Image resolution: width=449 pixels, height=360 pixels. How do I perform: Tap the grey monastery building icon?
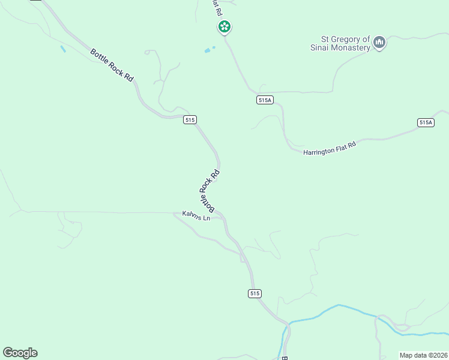(379, 43)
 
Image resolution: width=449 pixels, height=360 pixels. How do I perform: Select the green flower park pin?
(224, 26)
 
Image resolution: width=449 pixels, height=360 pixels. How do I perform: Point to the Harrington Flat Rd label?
(330, 148)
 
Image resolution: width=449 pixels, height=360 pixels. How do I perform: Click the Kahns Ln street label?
(196, 216)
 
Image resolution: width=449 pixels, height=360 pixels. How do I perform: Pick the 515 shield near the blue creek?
(255, 293)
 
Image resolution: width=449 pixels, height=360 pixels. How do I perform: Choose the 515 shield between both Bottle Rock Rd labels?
(190, 119)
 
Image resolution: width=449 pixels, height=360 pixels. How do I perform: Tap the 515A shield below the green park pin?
(265, 100)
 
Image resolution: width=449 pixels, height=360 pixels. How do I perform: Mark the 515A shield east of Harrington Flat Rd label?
(426, 122)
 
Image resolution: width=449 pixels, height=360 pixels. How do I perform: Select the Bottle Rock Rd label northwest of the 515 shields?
(112, 65)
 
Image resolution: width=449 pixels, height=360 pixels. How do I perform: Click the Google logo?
(20, 353)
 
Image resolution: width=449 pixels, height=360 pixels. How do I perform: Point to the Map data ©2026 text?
(423, 355)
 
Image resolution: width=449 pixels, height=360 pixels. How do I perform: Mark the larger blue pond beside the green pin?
(208, 50)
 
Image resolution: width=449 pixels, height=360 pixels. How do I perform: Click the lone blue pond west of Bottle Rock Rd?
(62, 49)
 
